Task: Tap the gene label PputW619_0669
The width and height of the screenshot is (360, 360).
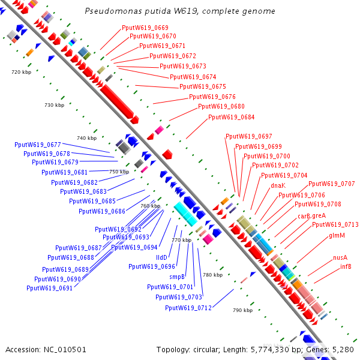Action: click(x=145, y=28)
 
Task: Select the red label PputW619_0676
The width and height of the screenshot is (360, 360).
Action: click(x=212, y=97)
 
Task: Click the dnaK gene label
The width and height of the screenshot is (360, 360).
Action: click(x=278, y=185)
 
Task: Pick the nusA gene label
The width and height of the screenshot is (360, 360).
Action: click(x=340, y=257)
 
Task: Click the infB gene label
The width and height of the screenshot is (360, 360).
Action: click(x=346, y=266)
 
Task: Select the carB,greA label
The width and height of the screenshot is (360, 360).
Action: click(x=311, y=215)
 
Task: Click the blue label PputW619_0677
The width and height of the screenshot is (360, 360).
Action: click(x=38, y=145)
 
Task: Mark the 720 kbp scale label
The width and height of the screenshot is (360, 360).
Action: click(x=21, y=72)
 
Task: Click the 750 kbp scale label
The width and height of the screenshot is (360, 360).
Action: click(x=119, y=172)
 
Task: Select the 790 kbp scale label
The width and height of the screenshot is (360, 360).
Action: click(x=242, y=310)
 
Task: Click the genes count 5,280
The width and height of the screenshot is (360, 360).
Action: click(x=342, y=349)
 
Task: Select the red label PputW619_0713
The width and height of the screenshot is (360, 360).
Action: click(x=335, y=224)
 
